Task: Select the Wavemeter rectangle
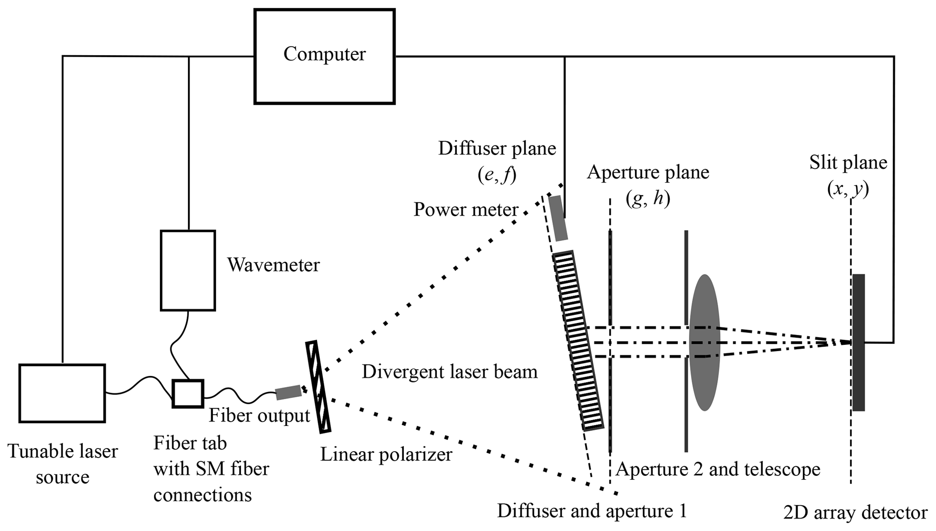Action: pos(188,270)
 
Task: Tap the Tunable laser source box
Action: pos(62,393)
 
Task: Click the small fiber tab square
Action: pos(188,394)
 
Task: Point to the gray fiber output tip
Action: pos(288,392)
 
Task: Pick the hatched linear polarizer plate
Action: pos(318,386)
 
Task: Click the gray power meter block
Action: pos(558,218)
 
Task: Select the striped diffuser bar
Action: pos(578,340)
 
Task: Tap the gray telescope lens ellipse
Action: pos(705,343)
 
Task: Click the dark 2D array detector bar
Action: pos(859,343)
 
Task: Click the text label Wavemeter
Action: pos(273,265)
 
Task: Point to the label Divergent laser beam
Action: pos(450,372)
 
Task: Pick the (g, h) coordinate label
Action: pos(648,198)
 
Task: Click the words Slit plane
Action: pos(848,163)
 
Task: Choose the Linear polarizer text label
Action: pos(386,454)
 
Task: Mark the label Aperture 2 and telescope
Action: pos(718,469)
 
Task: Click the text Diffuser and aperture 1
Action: pos(592,511)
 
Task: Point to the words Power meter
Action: pos(466,210)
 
